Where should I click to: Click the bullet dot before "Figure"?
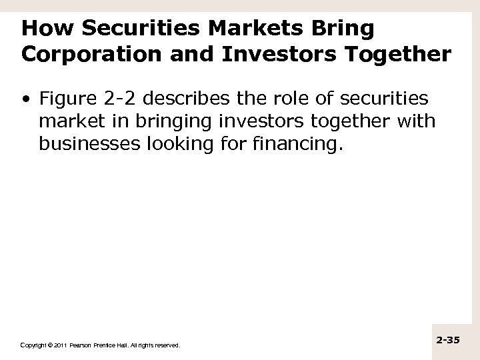coord(25,100)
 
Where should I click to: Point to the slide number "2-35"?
coord(448,340)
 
